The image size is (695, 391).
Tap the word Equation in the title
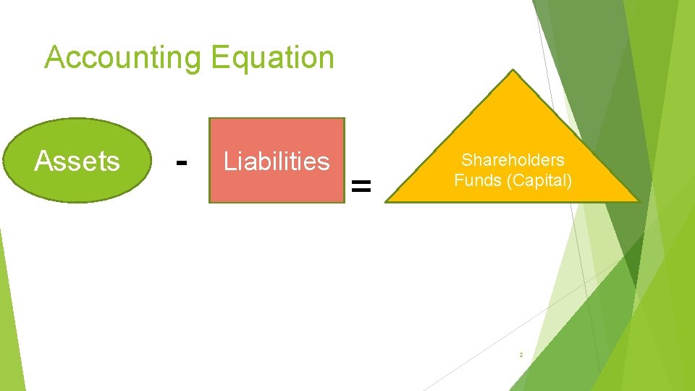point(272,58)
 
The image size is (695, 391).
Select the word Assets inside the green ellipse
point(77,161)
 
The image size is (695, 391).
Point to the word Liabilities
point(277,161)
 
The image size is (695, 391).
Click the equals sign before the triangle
point(361,187)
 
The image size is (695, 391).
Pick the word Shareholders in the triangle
point(513,160)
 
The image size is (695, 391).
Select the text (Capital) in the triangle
point(539,180)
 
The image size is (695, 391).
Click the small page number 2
point(521,355)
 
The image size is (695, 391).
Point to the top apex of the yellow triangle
point(513,70)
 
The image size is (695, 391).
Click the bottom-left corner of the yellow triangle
point(385,201)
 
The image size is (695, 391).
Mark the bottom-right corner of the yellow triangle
point(640,201)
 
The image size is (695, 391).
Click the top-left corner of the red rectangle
point(210,119)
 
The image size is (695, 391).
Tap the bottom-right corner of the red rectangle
point(344,202)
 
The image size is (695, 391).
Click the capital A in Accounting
point(54,58)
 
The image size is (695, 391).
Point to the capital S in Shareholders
point(466,160)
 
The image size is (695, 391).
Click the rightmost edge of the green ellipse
point(151,160)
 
